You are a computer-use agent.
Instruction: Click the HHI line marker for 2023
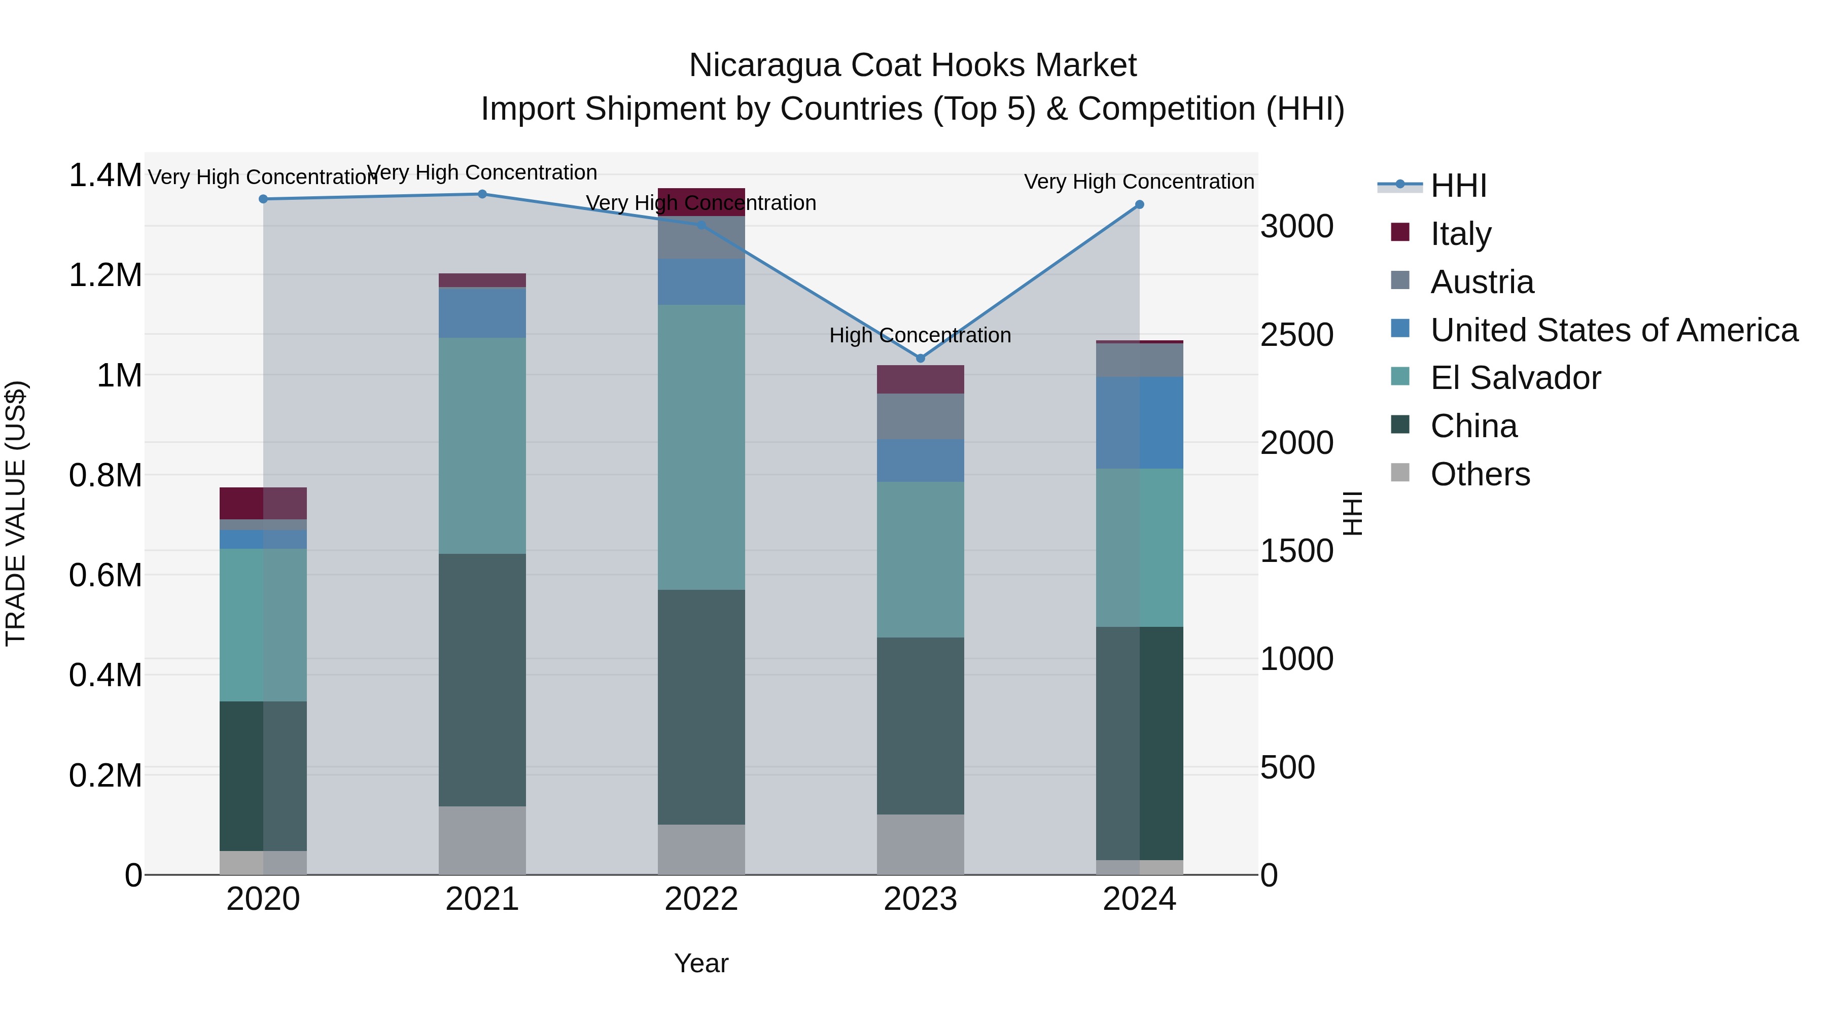pyautogui.click(x=920, y=358)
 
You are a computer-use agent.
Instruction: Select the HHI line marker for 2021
pyautogui.click(x=482, y=194)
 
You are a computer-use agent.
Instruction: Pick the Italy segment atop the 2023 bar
pyautogui.click(x=920, y=379)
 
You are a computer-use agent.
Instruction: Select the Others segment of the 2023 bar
pyautogui.click(x=920, y=843)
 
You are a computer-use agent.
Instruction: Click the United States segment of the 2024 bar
pyautogui.click(x=1139, y=422)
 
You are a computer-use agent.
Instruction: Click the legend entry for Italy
pyautogui.click(x=1460, y=233)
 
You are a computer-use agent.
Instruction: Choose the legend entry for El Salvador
pyautogui.click(x=1515, y=378)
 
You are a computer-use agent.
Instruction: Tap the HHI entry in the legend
pyautogui.click(x=1458, y=186)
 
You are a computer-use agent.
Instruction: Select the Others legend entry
pyautogui.click(x=1480, y=474)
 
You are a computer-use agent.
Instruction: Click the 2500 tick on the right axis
pyautogui.click(x=1296, y=335)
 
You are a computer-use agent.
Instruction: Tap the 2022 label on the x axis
pyautogui.click(x=701, y=899)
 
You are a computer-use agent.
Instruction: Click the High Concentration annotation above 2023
pyautogui.click(x=920, y=335)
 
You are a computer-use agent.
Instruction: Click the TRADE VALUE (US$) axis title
pyautogui.click(x=16, y=513)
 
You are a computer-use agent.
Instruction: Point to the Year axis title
pyautogui.click(x=701, y=963)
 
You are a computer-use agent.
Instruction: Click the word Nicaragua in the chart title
pyautogui.click(x=763, y=65)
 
